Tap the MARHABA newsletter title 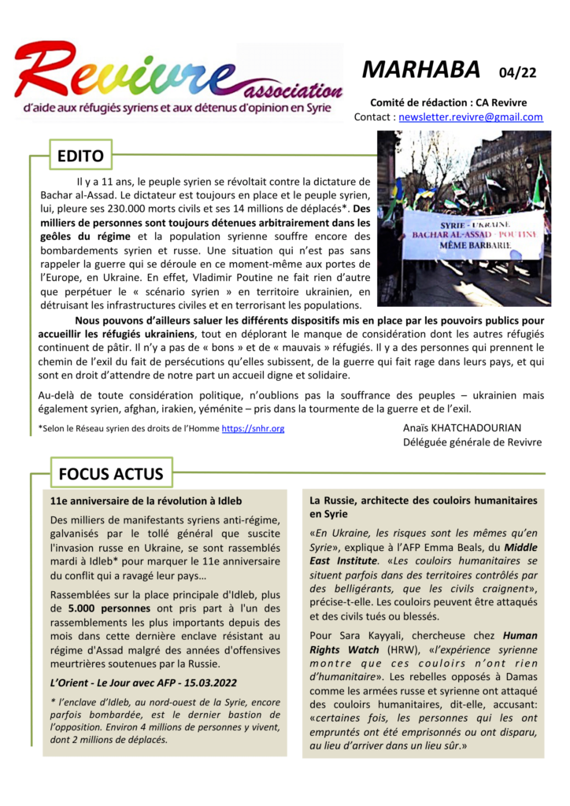[421, 70]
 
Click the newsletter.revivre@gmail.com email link [471, 117]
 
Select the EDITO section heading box [80, 157]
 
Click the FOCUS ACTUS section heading [111, 474]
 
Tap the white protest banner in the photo [472, 234]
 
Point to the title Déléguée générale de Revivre [472, 442]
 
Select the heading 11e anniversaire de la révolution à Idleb [146, 501]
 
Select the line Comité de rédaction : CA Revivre [449, 102]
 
